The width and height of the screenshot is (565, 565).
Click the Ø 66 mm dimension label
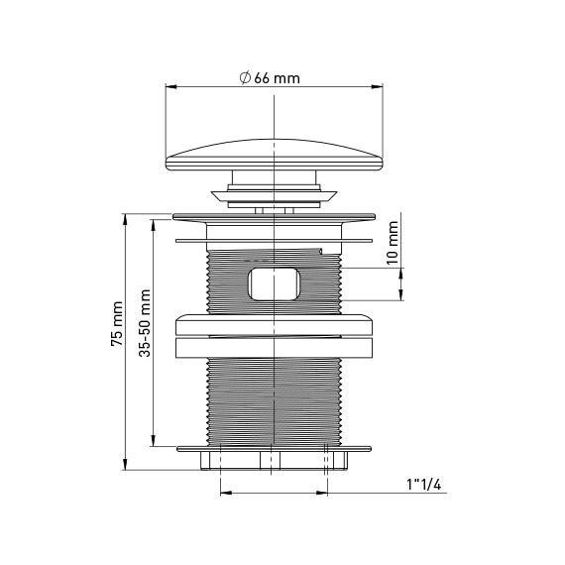tap(270, 78)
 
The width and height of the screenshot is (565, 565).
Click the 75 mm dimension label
tap(117, 324)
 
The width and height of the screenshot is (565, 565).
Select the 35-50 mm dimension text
tap(145, 323)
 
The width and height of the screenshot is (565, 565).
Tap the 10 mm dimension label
tap(393, 243)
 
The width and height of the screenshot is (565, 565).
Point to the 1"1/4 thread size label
tap(424, 485)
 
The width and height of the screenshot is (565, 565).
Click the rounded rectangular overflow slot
tap(274, 283)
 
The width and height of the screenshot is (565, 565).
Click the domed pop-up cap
tap(275, 155)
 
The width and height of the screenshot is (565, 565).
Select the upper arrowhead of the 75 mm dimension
tap(125, 219)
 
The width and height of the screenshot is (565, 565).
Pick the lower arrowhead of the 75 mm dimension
tap(125, 464)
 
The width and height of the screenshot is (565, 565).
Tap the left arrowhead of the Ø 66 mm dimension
tap(171, 87)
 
